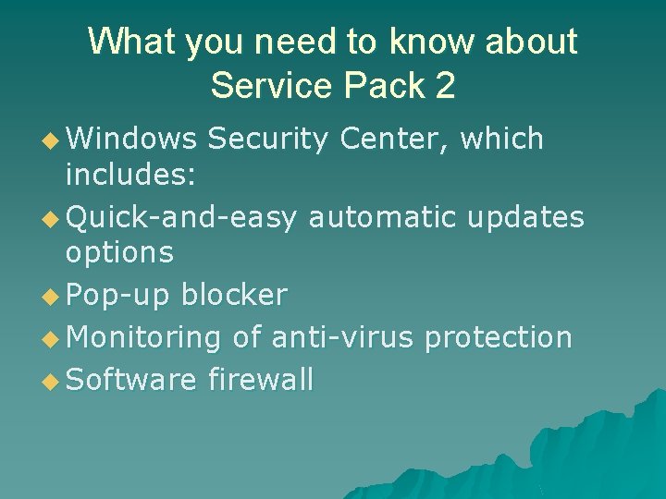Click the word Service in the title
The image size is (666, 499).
pos(271,85)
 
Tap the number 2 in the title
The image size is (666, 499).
pos(444,85)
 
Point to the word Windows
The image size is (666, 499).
pos(131,140)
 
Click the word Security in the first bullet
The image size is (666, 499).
pos(267,140)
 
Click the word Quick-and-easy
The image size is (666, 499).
pos(182,218)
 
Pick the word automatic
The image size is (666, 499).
pos(382,218)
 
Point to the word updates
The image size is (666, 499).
pos(525,218)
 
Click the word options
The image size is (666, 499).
pos(119,252)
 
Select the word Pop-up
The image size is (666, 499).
pos(119,296)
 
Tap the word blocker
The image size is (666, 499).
pos(235,296)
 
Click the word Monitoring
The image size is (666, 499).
pos(144,337)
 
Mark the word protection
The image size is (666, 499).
pos(498,337)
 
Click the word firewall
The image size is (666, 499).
pos(261,379)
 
